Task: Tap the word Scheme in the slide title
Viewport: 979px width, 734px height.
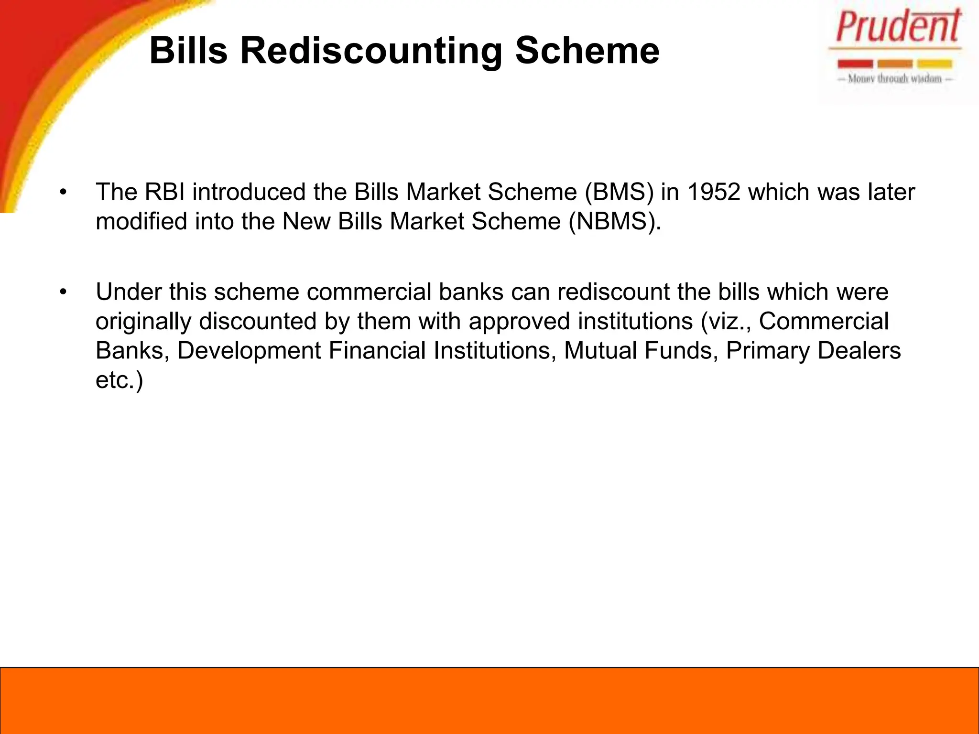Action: [587, 51]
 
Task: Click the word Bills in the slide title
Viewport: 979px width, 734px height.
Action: [188, 51]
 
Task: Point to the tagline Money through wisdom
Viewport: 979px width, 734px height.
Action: [894, 79]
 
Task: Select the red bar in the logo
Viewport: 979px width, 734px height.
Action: [855, 64]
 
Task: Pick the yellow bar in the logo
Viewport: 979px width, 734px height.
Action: [935, 64]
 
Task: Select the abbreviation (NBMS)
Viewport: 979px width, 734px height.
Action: [615, 222]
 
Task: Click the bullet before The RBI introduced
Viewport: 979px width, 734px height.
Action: [63, 193]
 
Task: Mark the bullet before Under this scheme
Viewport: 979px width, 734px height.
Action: [63, 292]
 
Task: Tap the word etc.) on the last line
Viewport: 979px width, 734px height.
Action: [119, 380]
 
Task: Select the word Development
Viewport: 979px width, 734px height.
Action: [249, 351]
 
